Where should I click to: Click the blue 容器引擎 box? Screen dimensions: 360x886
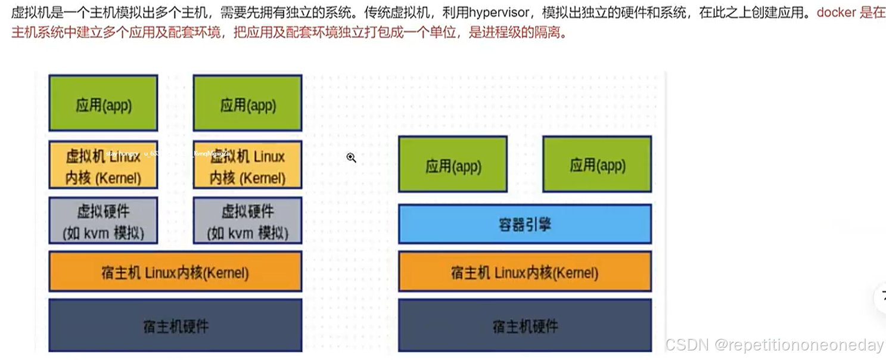point(524,224)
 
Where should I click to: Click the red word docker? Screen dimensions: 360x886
point(836,13)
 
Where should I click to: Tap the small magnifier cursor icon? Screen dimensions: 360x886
point(352,157)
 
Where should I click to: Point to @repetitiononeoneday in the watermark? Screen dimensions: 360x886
point(800,345)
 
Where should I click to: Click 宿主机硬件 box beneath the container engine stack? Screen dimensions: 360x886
point(524,326)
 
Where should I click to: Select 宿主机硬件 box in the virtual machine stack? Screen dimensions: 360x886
point(175,326)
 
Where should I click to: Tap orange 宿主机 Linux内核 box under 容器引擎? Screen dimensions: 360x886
point(524,272)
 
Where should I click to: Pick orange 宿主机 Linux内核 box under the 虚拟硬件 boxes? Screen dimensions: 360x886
point(175,272)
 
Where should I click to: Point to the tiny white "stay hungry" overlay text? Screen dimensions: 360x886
point(122,154)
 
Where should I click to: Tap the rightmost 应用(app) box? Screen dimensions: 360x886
point(597,165)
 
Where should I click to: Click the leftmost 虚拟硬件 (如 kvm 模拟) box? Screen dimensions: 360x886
point(103,221)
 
